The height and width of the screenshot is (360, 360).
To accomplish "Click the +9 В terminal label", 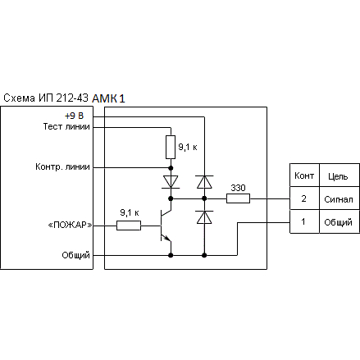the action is (74, 116).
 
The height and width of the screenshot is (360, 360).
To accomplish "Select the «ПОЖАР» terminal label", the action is (70, 226).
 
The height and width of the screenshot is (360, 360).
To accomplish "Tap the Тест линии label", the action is (66, 126).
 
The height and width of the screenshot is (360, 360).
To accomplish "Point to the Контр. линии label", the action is (62, 166).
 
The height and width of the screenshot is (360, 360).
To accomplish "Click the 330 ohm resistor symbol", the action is (238, 198).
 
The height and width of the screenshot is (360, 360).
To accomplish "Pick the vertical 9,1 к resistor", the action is (171, 147).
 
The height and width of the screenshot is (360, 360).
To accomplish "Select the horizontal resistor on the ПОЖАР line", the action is (129, 226).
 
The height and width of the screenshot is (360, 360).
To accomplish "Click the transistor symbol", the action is (166, 226).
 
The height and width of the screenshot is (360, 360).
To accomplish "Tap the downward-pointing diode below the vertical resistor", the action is (171, 182).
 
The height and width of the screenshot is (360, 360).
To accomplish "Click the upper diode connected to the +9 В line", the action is (204, 182).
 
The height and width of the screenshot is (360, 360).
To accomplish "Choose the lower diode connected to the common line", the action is (204, 217).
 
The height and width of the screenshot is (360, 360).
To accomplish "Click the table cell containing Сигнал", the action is (339, 198).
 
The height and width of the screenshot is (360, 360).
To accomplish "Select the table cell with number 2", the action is (304, 198).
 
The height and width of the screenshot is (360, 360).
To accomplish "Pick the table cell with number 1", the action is (304, 221).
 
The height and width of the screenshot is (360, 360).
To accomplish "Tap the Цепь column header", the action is (339, 175).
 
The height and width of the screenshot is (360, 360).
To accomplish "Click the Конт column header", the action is (304, 175).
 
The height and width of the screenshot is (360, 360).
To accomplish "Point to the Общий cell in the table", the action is (339, 221).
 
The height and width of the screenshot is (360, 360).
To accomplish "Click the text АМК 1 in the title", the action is (108, 98).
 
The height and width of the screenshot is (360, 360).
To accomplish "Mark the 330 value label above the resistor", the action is (238, 188).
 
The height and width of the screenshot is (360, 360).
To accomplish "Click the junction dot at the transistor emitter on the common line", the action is (171, 255).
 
